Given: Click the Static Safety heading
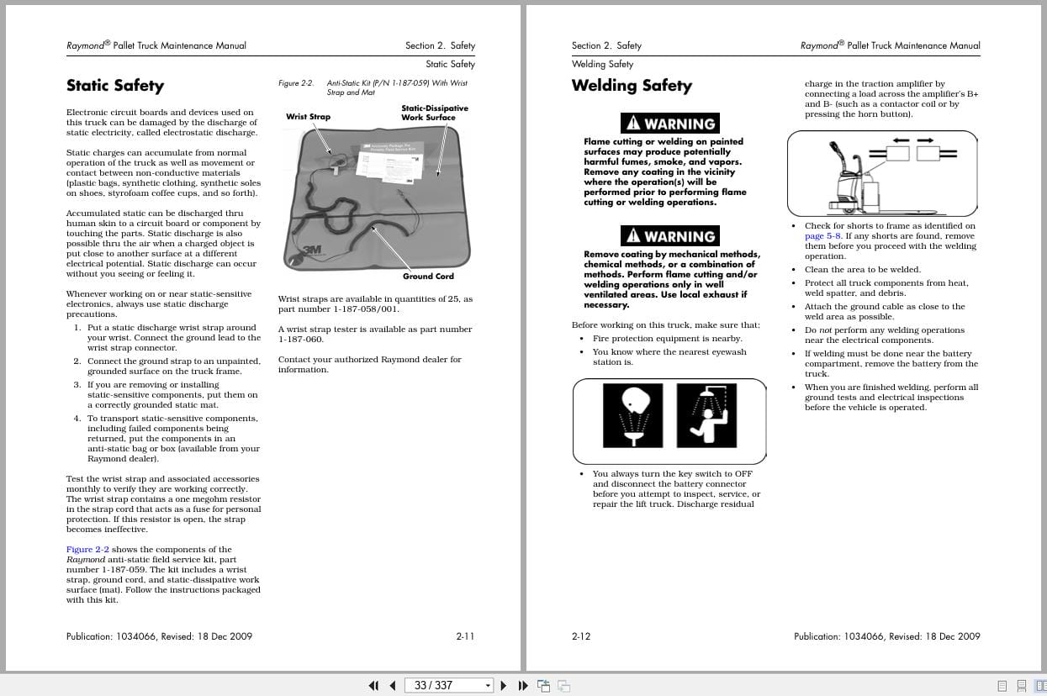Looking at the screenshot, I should click(115, 86).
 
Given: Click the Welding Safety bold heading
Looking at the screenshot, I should click(632, 86).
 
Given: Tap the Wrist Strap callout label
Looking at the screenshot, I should click(308, 117).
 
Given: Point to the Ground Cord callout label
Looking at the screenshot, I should click(428, 277).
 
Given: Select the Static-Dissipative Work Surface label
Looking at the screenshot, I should click(434, 113).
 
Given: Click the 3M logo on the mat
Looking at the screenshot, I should click(312, 250).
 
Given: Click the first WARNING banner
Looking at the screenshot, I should click(669, 124).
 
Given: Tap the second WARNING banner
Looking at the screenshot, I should click(669, 236).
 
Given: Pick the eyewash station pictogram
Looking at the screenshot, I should click(632, 415).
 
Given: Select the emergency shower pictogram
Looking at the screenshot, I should click(706, 415).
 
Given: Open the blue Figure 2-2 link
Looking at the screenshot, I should click(87, 550).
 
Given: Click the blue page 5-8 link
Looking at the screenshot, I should click(823, 236).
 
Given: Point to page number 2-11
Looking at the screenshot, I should click(465, 636).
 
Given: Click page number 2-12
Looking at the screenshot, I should click(581, 636).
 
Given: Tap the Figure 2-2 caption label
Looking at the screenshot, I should click(295, 83).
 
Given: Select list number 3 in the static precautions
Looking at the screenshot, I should click(77, 385).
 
